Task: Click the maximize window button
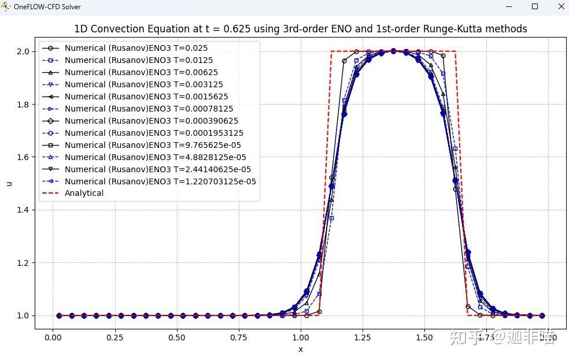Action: (x=534, y=6)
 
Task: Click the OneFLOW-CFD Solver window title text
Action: (x=47, y=7)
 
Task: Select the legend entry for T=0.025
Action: (x=136, y=49)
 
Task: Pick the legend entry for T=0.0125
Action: (x=138, y=61)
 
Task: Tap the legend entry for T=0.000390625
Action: (x=151, y=121)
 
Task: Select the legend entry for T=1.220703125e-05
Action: (x=160, y=181)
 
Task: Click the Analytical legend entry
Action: (x=84, y=194)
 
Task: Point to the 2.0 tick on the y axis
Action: (x=24, y=51)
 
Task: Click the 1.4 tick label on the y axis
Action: (x=24, y=210)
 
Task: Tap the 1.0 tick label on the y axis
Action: (x=24, y=316)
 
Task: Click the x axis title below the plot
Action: (x=300, y=349)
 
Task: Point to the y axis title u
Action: (x=9, y=184)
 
